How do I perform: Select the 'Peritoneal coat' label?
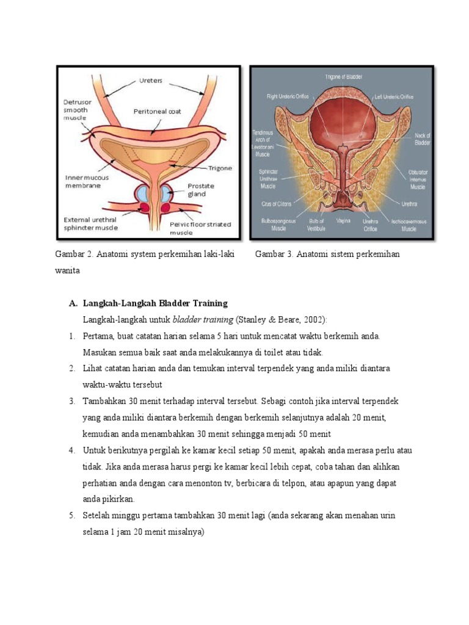click(157, 112)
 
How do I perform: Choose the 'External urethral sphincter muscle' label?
click(90, 224)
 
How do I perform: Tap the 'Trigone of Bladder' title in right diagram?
click(343, 76)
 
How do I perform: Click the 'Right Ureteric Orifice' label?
click(288, 96)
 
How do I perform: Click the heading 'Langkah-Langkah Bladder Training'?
click(155, 303)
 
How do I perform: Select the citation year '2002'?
click(313, 319)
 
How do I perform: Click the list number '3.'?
click(72, 401)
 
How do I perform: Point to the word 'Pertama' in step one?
click(99, 336)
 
